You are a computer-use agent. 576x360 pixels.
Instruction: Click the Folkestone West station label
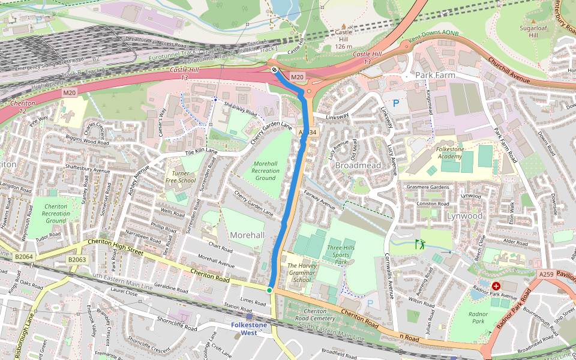click(248, 329)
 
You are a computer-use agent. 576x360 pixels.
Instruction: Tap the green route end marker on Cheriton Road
click(269, 290)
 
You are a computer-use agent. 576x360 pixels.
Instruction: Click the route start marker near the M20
click(274, 70)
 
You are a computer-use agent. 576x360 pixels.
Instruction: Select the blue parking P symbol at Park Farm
click(395, 103)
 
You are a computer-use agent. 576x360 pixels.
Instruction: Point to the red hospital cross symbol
click(496, 286)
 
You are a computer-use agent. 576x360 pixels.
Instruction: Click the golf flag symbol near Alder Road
click(419, 244)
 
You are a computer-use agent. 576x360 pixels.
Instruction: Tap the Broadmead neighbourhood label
click(358, 164)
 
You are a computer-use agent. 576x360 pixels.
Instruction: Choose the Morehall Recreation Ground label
click(266, 170)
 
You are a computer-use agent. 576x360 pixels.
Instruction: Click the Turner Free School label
click(181, 176)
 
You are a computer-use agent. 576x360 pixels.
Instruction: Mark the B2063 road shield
click(77, 260)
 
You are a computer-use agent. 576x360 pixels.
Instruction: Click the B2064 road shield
click(23, 257)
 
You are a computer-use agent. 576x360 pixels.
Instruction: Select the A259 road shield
click(546, 274)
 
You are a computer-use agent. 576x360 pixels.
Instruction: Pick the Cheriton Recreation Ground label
click(56, 214)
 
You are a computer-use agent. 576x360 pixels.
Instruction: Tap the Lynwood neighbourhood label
click(464, 215)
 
